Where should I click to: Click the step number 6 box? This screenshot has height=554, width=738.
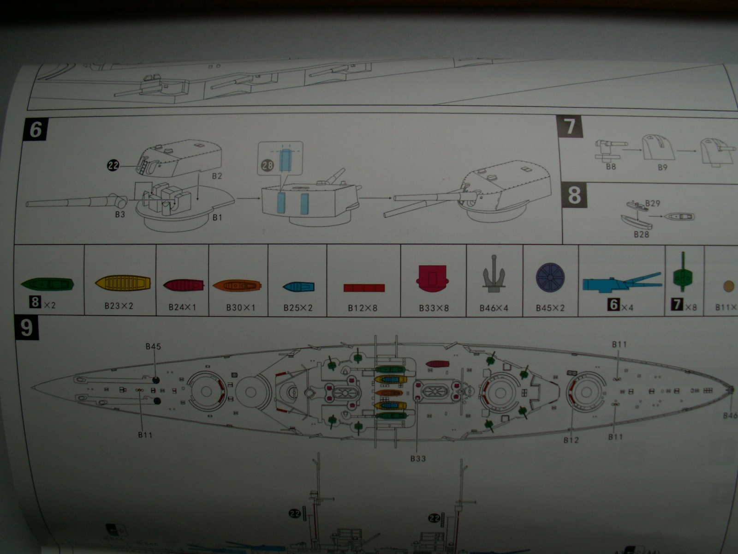pos(36,130)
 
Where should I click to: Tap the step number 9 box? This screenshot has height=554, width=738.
pos(27,329)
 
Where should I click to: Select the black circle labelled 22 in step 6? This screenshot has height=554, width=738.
pos(113,165)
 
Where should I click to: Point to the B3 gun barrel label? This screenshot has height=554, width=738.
pos(120,214)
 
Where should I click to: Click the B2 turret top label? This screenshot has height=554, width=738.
pos(217,176)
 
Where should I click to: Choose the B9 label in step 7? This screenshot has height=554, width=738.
pos(662,167)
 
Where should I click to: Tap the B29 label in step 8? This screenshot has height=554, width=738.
pos(652,203)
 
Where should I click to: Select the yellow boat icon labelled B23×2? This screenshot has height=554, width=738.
pos(123,282)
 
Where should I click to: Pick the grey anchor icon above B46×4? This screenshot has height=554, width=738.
pos(494,279)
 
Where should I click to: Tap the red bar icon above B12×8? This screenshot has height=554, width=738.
pos(364,288)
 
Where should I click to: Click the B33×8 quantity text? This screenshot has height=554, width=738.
pos(434,307)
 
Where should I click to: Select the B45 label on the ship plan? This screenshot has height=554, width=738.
pos(153,347)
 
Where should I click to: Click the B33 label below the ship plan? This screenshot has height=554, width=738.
pos(418,458)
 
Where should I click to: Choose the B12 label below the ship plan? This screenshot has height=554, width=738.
pos(571,440)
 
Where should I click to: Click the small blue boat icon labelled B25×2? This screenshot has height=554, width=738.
pos(298,287)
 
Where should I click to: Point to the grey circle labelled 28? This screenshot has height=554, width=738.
pos(268,165)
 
